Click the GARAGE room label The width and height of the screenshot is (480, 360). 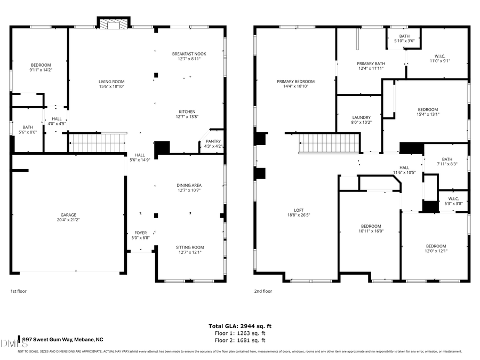pyautogui.click(x=68, y=215)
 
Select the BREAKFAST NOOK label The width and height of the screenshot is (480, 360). pyautogui.click(x=189, y=54)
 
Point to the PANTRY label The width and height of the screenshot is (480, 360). pyautogui.click(x=213, y=141)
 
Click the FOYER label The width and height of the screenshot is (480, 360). pyautogui.click(x=141, y=233)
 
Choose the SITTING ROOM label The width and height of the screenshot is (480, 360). pyautogui.click(x=190, y=247)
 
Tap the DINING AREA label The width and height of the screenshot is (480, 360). pyautogui.click(x=189, y=185)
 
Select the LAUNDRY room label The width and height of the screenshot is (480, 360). pyautogui.click(x=361, y=117)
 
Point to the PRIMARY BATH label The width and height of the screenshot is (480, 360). pyautogui.click(x=371, y=63)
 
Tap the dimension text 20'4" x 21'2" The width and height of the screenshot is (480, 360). pyautogui.click(x=68, y=220)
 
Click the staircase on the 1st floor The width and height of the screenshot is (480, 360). pyautogui.click(x=97, y=143)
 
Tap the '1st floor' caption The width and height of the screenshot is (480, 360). pyautogui.click(x=18, y=291)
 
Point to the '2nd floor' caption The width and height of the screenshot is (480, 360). pyautogui.click(x=263, y=291)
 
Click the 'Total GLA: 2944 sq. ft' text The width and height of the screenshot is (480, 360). pyautogui.click(x=239, y=326)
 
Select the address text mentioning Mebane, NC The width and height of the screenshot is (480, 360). pyautogui.click(x=63, y=340)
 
